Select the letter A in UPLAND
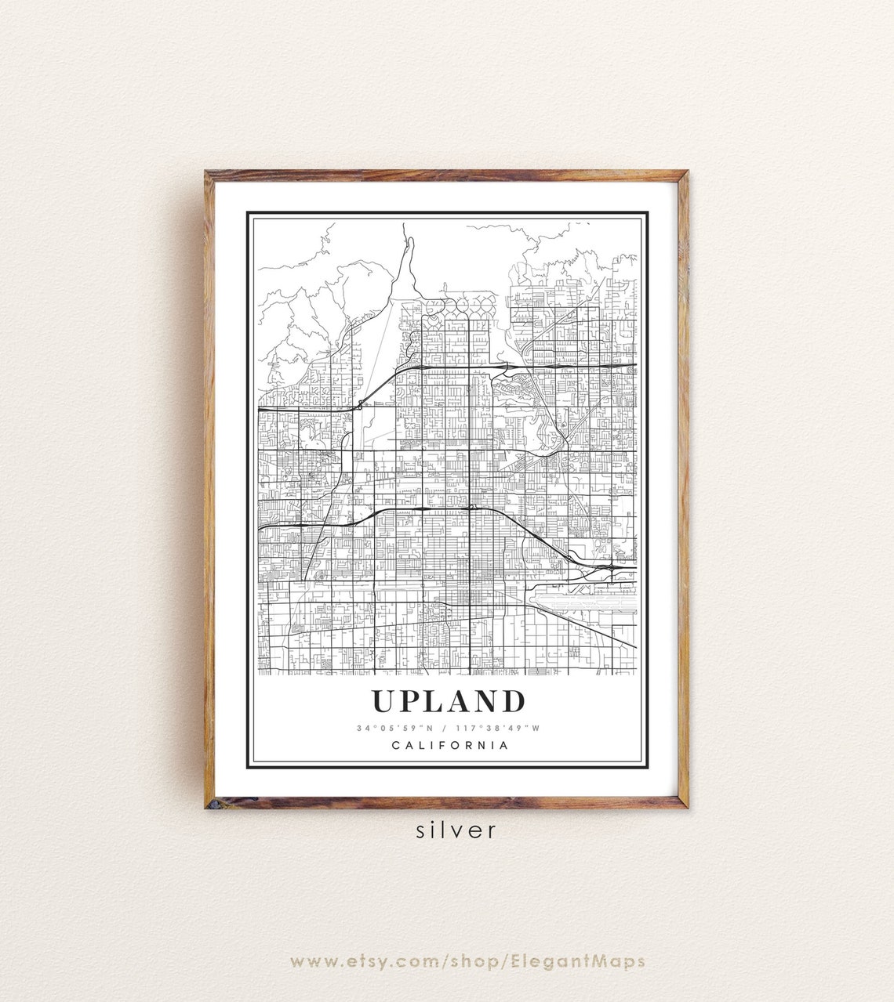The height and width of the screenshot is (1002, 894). click(459, 701)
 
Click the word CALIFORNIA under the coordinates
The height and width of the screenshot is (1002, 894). click(449, 746)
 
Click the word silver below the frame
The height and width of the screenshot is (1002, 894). click(457, 830)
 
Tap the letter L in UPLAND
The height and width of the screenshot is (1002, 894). click(436, 701)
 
